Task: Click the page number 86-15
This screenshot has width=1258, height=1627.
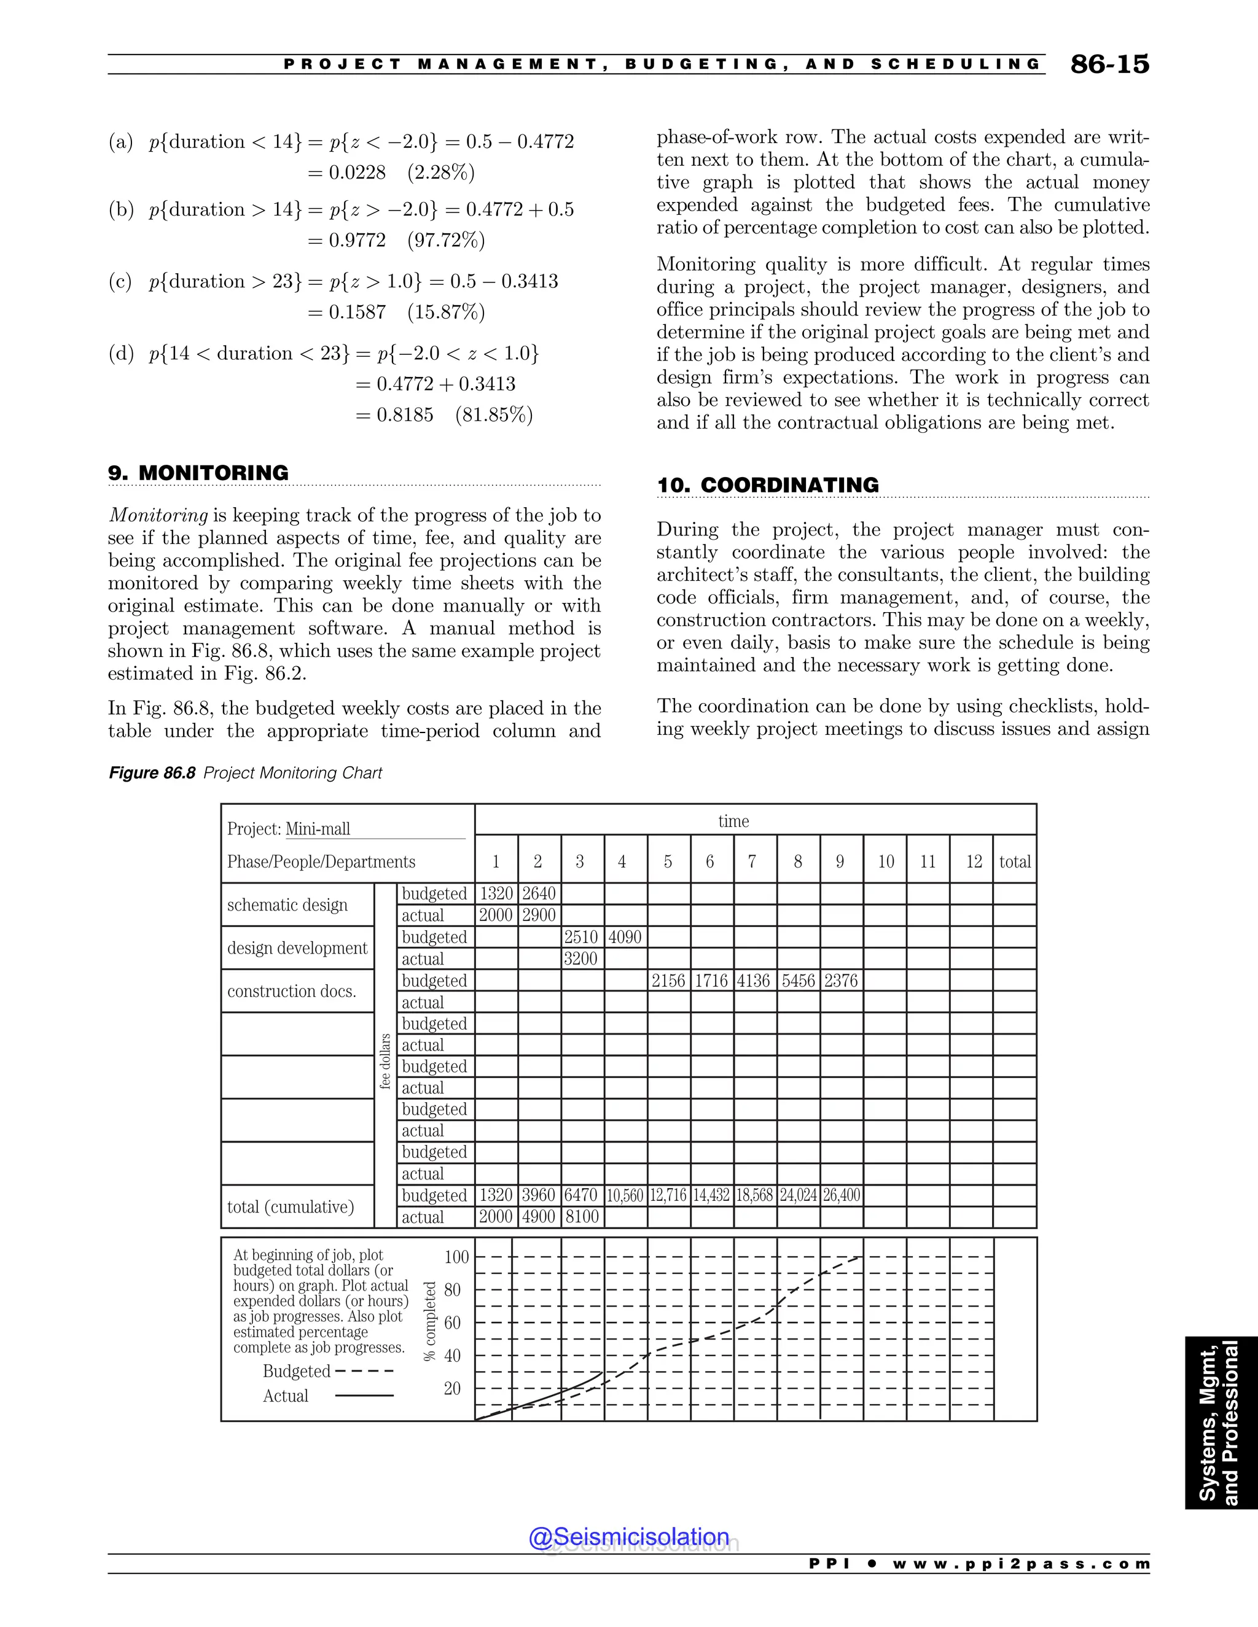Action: pos(1109,65)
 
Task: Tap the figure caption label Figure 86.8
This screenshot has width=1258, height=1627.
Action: pos(152,773)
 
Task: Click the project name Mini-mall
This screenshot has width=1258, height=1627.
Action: pos(318,829)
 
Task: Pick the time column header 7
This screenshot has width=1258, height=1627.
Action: pos(752,862)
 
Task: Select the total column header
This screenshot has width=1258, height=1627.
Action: pos(1014,862)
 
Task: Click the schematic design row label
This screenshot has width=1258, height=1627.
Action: pos(287,905)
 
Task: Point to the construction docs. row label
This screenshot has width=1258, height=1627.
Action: pos(291,992)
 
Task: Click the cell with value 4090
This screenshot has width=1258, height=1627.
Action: pos(625,937)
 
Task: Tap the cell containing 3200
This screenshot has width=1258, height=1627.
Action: pos(580,959)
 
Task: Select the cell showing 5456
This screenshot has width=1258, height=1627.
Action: pos(797,981)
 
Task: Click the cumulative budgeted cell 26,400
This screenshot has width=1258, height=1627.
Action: pos(842,1195)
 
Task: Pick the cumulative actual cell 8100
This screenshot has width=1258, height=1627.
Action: pos(581,1217)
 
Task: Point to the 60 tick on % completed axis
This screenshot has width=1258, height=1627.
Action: pos(452,1323)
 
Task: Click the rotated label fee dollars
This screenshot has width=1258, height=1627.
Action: pos(385,1062)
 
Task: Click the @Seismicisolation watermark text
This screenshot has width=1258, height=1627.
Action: pos(629,1536)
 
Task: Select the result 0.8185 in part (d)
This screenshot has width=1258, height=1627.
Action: pos(405,415)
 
